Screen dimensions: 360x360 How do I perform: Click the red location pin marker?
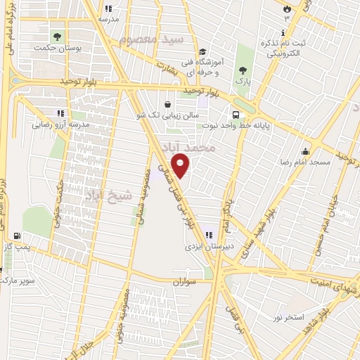[181, 165]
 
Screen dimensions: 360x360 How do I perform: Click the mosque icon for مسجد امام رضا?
[305, 151]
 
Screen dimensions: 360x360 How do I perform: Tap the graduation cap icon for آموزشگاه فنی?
[202, 51]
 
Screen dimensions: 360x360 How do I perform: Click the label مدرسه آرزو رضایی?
[59, 125]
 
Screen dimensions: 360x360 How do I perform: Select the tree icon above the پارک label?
[243, 70]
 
